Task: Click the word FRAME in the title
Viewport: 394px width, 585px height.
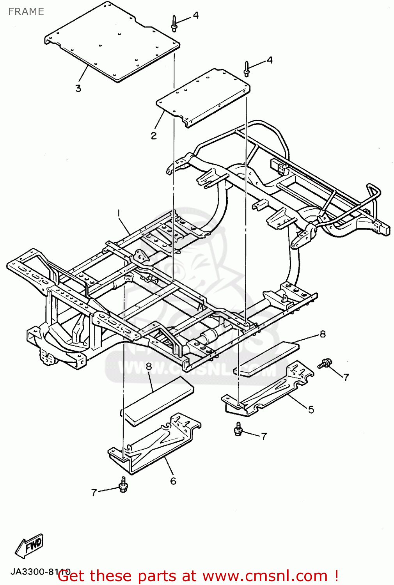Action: [x=26, y=12]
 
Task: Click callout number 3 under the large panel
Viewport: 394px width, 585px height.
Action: [x=78, y=88]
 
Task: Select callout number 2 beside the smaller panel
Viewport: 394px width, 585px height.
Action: [x=154, y=135]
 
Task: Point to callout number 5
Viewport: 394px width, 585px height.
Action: [x=311, y=409]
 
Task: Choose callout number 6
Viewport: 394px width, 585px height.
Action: [x=173, y=481]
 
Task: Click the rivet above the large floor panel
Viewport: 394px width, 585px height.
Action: [x=174, y=24]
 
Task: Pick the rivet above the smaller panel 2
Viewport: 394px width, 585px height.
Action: [x=247, y=69]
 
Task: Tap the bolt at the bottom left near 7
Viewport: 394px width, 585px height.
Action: [x=123, y=485]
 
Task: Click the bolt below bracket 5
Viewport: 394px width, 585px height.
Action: [x=238, y=429]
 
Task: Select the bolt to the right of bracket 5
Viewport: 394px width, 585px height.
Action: [x=325, y=363]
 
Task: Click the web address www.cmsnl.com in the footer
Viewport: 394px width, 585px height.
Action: [x=265, y=576]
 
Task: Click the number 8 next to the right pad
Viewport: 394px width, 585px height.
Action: [x=323, y=334]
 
